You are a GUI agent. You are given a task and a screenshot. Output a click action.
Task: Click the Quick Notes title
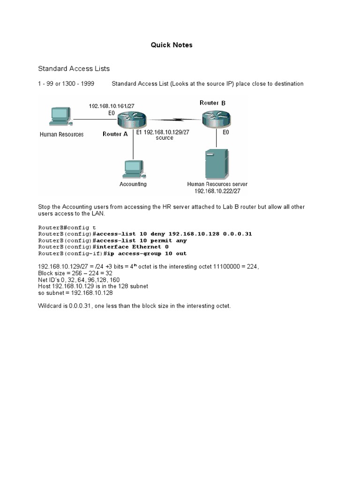[171, 45]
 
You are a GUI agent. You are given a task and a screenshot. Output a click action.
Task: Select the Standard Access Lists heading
[74, 68]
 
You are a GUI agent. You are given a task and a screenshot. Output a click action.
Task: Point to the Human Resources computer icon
[60, 116]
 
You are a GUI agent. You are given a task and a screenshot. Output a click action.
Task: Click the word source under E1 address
[165, 138]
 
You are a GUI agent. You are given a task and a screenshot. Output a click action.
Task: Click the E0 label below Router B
[225, 133]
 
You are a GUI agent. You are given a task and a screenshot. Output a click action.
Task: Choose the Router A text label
[115, 134]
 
